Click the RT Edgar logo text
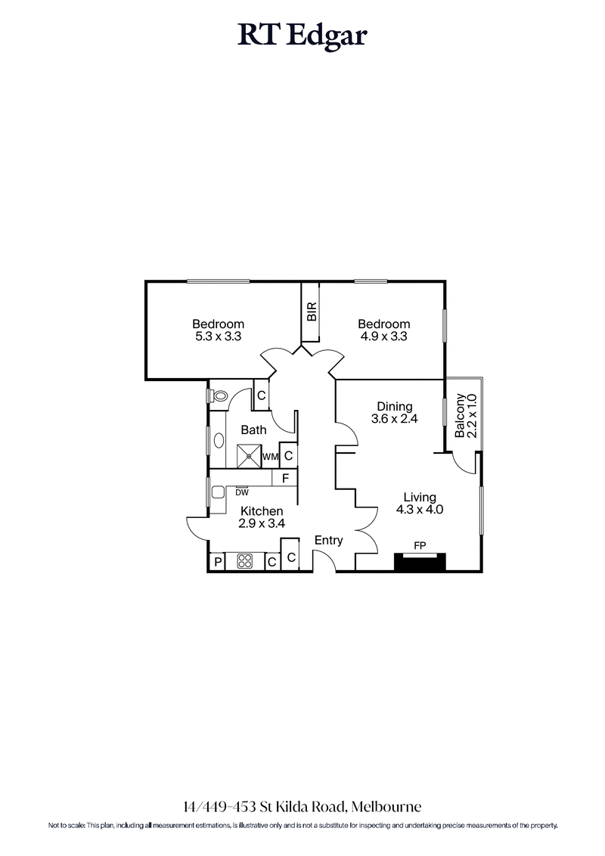click(x=302, y=36)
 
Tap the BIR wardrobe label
click(x=311, y=312)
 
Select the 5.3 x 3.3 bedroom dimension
click(x=218, y=337)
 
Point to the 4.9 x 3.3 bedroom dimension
click(x=384, y=337)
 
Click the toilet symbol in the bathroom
click(x=219, y=395)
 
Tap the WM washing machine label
click(x=270, y=457)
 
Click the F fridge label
click(x=285, y=479)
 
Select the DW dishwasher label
click(x=242, y=492)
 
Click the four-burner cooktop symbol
click(x=246, y=561)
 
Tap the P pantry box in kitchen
click(x=218, y=562)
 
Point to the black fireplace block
click(x=420, y=562)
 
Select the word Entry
click(x=329, y=541)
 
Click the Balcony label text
click(x=460, y=415)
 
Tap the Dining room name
click(x=395, y=406)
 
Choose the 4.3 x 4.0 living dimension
click(x=419, y=510)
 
